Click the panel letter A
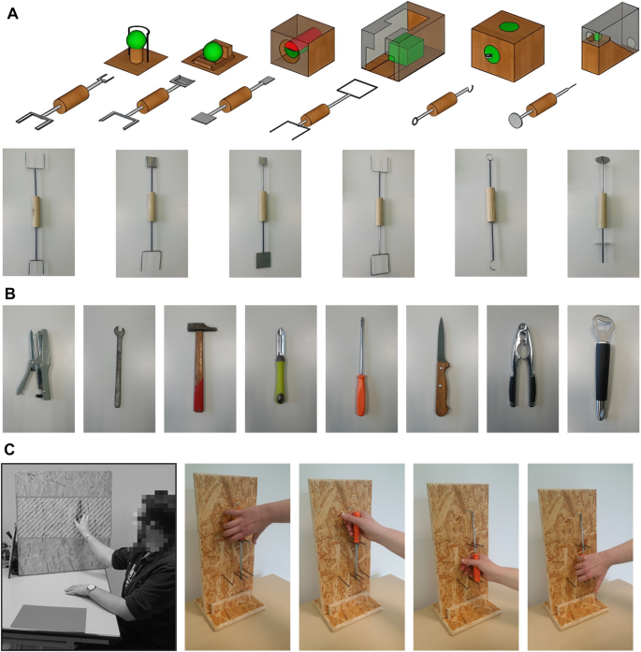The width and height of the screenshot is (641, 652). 12,14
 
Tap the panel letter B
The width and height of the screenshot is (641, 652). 10,294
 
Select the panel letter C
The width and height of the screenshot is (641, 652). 9,450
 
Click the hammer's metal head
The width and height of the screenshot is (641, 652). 202,327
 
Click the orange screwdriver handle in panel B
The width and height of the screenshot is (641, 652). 360,395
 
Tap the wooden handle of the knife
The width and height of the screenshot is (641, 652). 443,389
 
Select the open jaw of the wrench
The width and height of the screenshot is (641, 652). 119,332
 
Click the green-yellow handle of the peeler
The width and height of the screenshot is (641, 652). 279,382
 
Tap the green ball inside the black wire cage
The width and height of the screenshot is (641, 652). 137,41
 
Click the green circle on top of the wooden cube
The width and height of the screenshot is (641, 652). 509,26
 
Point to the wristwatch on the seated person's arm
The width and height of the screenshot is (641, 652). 91,587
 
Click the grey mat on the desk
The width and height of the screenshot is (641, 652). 49,617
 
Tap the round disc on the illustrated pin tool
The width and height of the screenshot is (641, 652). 517,120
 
